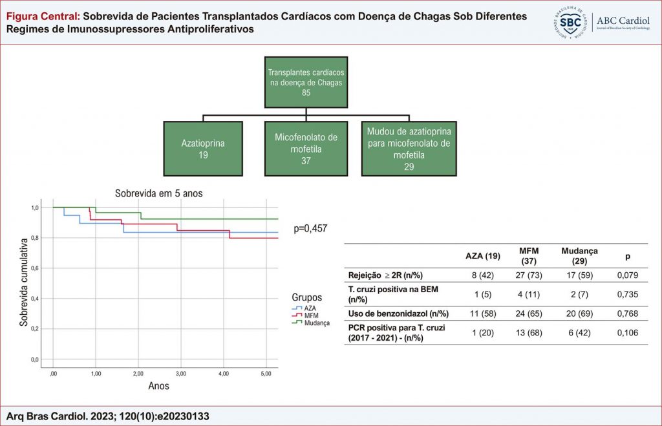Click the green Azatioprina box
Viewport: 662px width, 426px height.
tap(203, 148)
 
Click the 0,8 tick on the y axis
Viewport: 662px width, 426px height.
tap(35, 238)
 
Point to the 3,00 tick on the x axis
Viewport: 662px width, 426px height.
tap(181, 373)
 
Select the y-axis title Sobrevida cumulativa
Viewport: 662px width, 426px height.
tap(23, 281)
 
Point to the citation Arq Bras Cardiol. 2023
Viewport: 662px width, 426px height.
tap(107, 416)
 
